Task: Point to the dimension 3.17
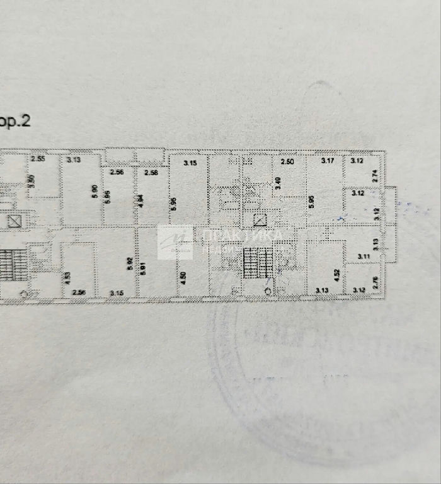328,161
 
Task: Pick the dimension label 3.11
364,256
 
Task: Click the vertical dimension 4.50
183,278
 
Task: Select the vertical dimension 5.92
129,265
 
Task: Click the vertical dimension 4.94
141,201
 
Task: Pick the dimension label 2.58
151,172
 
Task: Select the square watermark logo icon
175,242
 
